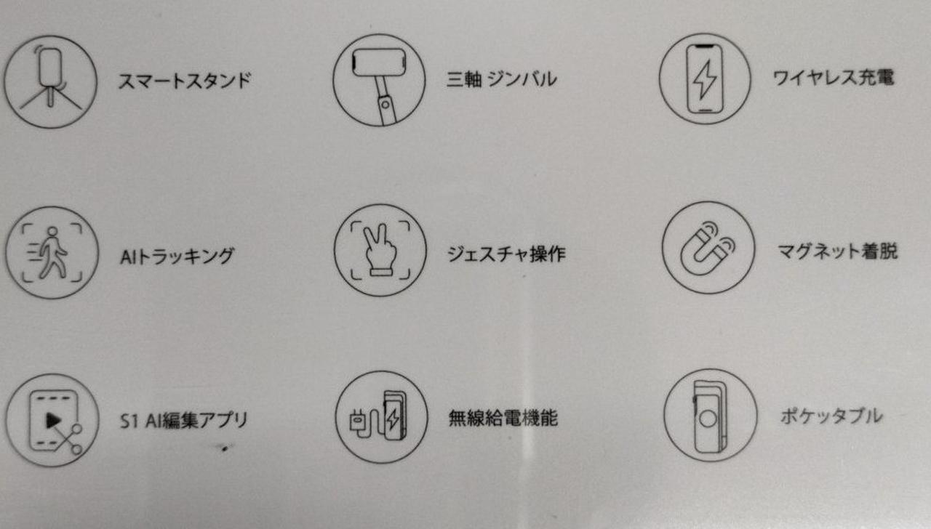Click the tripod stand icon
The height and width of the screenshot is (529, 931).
click(51, 81)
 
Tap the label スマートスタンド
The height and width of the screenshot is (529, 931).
click(185, 81)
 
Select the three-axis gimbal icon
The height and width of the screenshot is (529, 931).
click(379, 80)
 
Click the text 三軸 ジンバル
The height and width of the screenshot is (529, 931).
click(502, 79)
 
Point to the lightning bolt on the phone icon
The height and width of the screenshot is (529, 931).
click(705, 79)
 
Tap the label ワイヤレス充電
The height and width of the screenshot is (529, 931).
click(833, 78)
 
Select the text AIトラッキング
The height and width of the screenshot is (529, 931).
click(177, 256)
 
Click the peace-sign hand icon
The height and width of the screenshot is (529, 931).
click(380, 251)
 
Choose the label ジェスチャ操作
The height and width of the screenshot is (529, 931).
click(506, 254)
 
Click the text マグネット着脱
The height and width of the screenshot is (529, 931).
click(837, 251)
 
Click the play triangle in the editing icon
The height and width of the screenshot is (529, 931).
click(53, 420)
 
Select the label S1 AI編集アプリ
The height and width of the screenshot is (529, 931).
click(184, 420)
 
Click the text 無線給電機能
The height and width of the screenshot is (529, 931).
click(503, 418)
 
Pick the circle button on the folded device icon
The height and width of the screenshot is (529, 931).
click(708, 419)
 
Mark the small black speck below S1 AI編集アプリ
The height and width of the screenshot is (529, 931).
click(225, 448)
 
